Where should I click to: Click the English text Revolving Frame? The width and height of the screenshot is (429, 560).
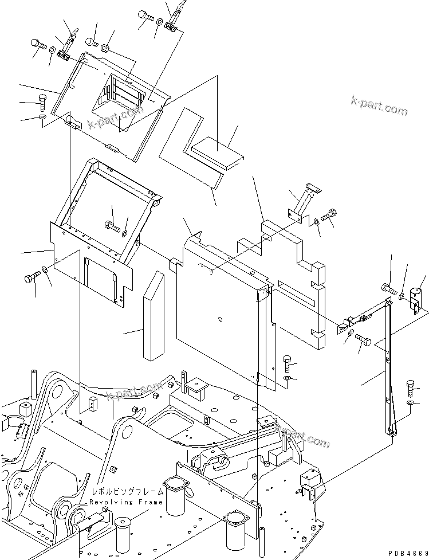(127, 502)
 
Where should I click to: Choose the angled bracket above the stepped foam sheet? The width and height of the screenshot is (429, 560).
(303, 201)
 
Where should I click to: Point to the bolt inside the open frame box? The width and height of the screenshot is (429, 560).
(111, 226)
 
